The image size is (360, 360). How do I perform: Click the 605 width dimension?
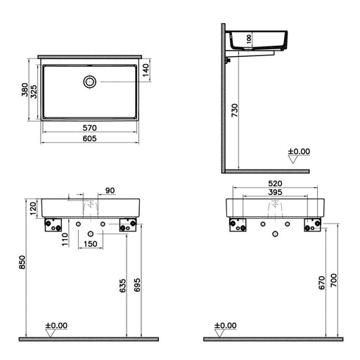90,139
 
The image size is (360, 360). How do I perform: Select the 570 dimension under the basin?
90,128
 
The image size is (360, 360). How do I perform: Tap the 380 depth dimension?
25,89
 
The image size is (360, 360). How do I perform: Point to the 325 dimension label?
34,91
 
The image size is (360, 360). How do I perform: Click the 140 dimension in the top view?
146,70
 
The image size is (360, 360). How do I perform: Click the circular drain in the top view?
90,82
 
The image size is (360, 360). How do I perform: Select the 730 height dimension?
235,110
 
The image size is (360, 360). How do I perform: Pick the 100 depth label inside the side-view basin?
249,39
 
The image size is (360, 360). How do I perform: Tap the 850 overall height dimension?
22,262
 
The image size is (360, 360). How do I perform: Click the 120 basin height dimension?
33,208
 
